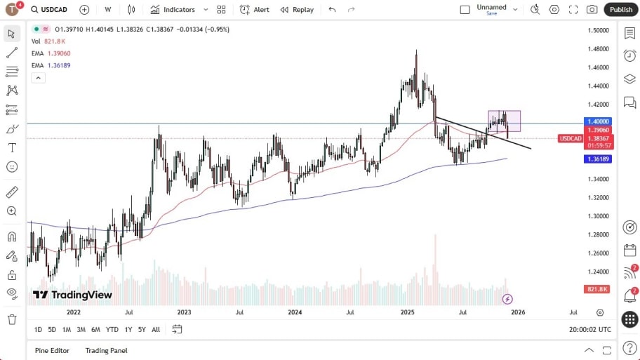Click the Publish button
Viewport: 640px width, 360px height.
620,9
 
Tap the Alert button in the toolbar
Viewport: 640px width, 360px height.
254,10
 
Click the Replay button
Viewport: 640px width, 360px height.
297,10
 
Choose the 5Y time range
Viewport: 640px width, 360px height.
142,329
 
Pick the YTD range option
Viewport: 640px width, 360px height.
112,329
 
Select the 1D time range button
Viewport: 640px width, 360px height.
38,329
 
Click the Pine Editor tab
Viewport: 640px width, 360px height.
52,350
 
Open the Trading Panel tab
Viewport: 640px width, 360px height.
106,350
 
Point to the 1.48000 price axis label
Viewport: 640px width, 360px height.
598,49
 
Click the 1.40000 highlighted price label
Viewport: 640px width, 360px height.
598,121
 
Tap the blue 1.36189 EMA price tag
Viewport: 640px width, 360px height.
598,159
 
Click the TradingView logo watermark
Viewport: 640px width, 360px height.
72,295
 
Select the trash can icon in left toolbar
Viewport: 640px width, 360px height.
12,319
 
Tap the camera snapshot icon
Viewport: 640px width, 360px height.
592,10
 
